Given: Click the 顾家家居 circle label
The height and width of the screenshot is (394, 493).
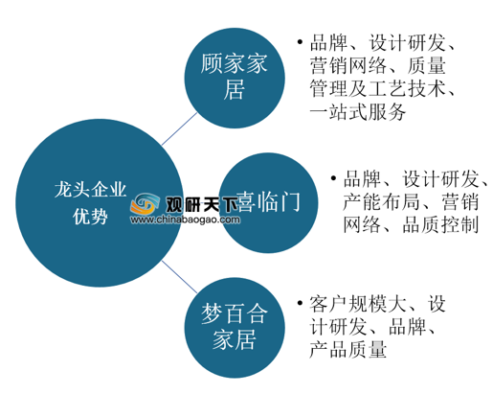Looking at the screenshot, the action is coord(235,77).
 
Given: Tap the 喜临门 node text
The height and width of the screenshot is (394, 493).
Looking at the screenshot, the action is coord(268,202).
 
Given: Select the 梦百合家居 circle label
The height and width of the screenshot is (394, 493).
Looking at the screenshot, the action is coord(235,327).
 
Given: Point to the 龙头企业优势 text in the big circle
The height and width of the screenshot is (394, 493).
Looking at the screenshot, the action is coord(90,203).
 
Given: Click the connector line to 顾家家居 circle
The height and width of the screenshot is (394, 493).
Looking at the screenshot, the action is coord(179,129).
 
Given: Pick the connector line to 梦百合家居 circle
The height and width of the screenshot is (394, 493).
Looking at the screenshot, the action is coord(179,277).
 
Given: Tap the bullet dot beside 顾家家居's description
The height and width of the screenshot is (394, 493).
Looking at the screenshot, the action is coord(300,41).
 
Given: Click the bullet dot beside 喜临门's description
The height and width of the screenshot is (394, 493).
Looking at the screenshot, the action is coord(333,178).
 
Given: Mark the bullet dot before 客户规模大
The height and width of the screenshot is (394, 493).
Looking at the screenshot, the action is coord(300,303).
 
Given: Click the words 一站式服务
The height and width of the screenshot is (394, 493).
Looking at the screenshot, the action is coord(358,111).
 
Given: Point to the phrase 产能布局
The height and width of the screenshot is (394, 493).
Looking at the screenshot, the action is coord(381,202).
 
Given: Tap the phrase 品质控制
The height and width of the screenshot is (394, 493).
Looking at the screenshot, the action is coord(440,224).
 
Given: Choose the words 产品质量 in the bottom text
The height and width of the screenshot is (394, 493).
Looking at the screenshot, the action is coord(348,349).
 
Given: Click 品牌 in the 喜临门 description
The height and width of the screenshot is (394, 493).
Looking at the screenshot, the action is coord(362,179).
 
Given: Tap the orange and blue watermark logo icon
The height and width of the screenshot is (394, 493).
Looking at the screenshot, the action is coord(145,204).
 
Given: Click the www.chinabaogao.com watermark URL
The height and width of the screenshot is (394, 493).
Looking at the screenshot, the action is coord(185,220).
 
